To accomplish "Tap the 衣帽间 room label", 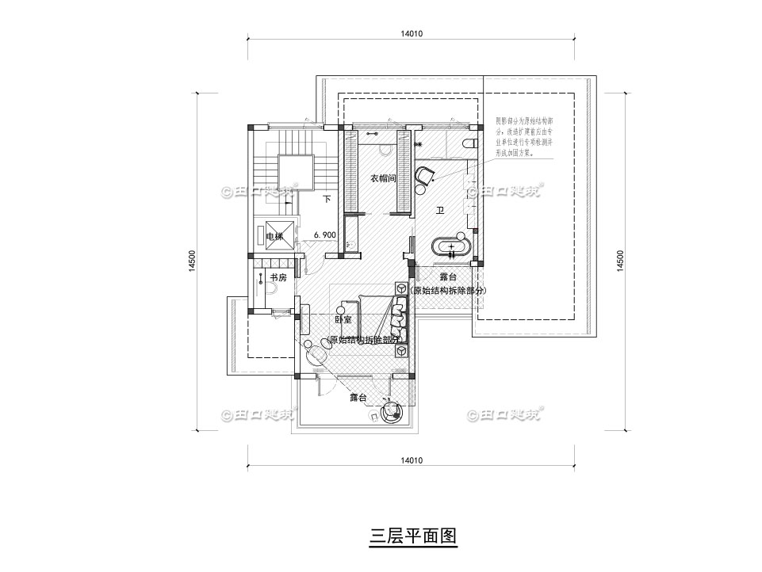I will (x=383, y=179).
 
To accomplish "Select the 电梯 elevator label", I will (x=274, y=236).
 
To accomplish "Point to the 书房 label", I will (x=278, y=278).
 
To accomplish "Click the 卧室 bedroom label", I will (x=343, y=320).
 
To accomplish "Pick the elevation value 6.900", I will (x=326, y=235).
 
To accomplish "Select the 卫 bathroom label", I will (x=440, y=211).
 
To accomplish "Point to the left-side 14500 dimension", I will (x=193, y=261).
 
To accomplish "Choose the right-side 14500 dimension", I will (x=620, y=261).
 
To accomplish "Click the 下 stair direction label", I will (x=327, y=200).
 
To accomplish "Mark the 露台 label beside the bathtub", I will (x=448, y=278).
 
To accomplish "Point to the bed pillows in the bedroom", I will (x=397, y=317).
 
